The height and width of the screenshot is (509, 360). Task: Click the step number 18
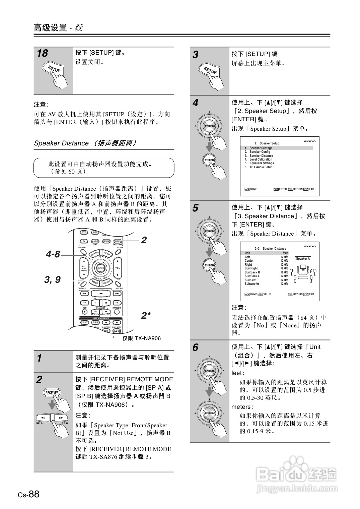pos(43,53)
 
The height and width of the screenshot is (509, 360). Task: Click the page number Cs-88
pos(29,494)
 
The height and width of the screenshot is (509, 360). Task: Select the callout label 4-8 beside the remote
pos(53,254)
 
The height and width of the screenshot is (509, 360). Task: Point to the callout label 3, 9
pos(53,279)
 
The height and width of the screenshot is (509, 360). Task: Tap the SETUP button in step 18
pos(54,69)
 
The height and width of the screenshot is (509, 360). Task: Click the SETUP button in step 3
pos(210,70)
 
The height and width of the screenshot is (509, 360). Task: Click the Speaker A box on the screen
pos(303,259)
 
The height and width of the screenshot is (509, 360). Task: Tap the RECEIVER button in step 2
pos(52,393)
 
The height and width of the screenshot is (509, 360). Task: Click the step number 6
pos(195,348)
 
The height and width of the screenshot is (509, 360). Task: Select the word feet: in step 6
pos(238,373)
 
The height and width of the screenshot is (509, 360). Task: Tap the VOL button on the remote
pos(118,268)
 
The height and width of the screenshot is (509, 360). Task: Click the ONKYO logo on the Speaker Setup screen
pos(309,141)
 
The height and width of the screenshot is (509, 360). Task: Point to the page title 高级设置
pos(50,27)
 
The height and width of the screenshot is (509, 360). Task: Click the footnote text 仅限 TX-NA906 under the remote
pos(141,338)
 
